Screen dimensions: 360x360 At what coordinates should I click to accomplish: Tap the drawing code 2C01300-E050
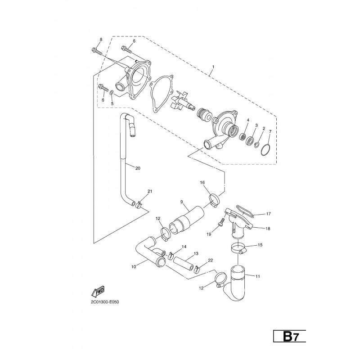point(105,302)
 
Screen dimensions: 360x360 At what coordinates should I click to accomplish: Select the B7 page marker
point(290,337)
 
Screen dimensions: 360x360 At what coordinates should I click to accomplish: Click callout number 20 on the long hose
point(138,168)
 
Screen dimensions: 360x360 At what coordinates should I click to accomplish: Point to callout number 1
point(213,67)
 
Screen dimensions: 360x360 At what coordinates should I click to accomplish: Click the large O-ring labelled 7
point(266,150)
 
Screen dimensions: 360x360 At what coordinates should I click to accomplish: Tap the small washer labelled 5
point(112,93)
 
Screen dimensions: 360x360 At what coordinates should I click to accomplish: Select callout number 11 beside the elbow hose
point(257,276)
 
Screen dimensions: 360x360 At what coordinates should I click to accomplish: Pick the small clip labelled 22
point(197,269)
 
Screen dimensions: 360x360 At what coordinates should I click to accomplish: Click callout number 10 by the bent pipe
point(134,266)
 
